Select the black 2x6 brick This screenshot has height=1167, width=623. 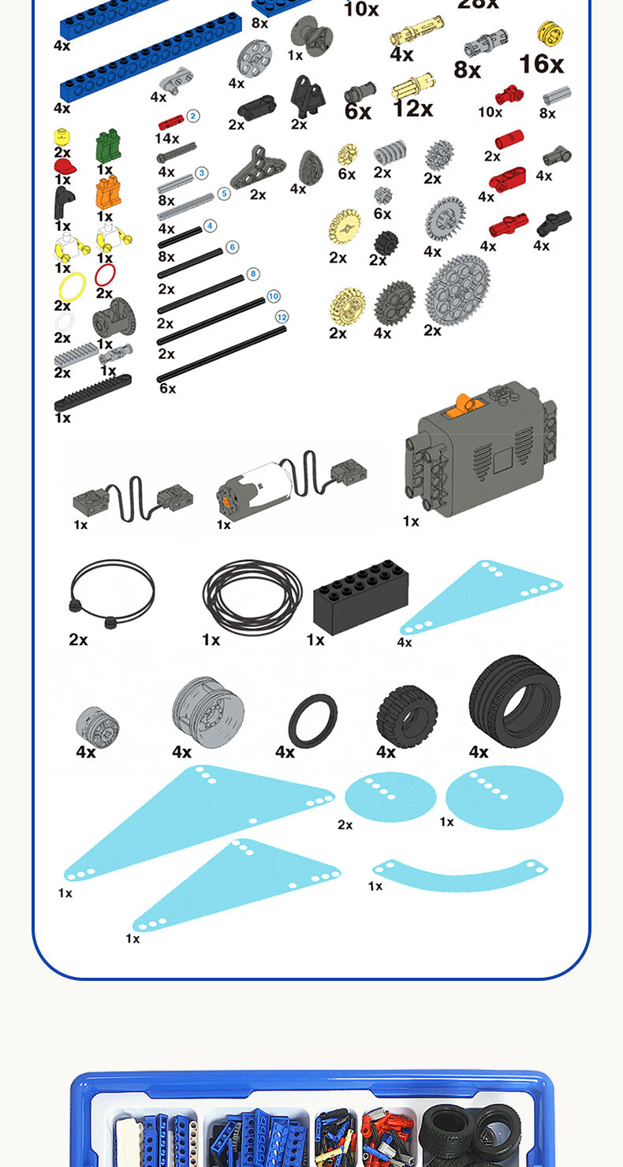(x=360, y=596)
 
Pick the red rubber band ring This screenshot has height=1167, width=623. (x=105, y=275)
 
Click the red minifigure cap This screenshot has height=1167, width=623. (x=65, y=167)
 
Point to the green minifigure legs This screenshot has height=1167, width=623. (x=106, y=147)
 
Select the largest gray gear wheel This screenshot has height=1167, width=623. (x=457, y=289)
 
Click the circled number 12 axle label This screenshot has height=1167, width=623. (x=282, y=317)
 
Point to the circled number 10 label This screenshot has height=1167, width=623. (x=273, y=296)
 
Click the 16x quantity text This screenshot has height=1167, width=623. (x=541, y=64)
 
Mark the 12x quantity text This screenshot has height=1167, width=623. (x=412, y=108)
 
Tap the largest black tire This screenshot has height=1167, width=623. (x=514, y=701)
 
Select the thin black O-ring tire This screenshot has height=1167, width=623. (x=312, y=720)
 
